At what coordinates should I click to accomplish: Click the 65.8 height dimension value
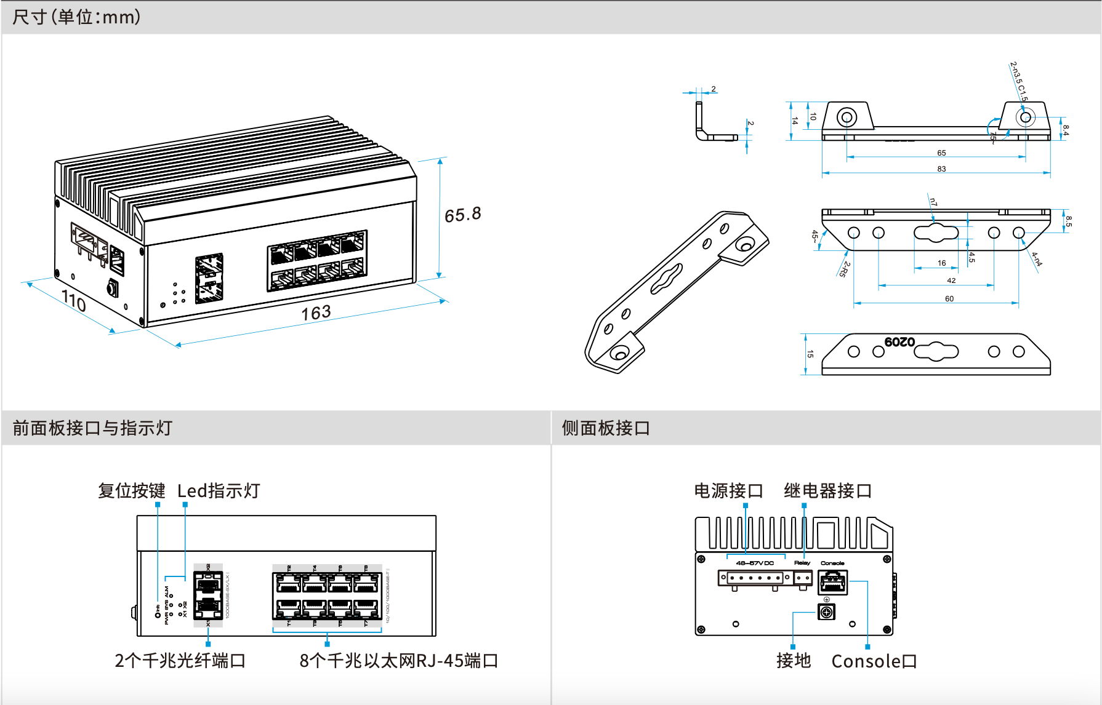point(462,215)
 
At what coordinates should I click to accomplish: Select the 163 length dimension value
point(316,313)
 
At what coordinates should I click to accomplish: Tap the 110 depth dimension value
point(73,301)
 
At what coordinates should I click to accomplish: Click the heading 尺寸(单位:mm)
point(76,17)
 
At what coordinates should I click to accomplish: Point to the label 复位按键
point(131,491)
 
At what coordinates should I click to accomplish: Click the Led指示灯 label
point(219,491)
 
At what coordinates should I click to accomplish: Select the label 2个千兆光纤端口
point(180,661)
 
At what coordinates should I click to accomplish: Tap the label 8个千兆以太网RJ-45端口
point(398,661)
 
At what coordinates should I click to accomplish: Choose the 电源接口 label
point(728,491)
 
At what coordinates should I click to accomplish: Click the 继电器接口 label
point(827,491)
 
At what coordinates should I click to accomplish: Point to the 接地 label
point(794,661)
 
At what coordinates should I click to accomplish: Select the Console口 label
point(874,661)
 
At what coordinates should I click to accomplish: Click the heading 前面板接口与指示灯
point(92,428)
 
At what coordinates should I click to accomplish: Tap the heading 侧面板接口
point(606,428)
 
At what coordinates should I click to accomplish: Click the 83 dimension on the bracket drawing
point(941,169)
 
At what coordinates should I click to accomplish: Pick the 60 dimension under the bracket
point(949,299)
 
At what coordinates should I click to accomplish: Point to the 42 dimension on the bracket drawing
point(951,281)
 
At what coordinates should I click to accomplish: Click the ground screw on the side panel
point(826,611)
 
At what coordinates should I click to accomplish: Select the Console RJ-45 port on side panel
point(832,581)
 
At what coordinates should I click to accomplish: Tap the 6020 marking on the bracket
point(899,342)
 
